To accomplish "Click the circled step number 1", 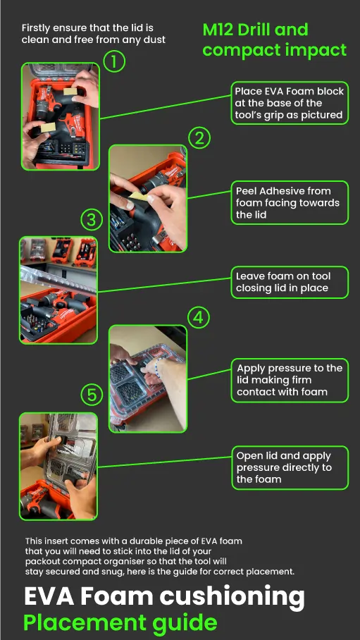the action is click(114, 61).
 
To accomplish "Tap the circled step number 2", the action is click(199, 139).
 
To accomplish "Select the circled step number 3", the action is click(92, 221).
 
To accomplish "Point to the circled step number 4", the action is click(199, 318).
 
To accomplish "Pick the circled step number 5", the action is click(92, 395).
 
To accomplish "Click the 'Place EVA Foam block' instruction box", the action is click(290, 103).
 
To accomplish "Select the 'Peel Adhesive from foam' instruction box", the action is click(290, 203).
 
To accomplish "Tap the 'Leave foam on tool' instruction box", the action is click(290, 282).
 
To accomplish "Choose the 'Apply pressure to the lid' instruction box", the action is click(290, 381).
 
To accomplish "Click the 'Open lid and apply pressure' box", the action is click(290, 468).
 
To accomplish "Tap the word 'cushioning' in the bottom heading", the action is click(232, 598).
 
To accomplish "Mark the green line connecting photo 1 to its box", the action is click(166, 107).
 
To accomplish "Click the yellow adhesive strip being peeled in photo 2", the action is click(138, 196).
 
